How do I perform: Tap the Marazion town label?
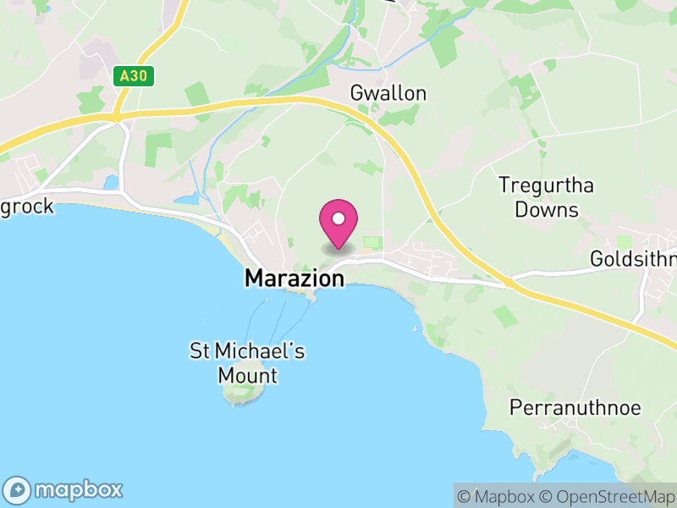pos(294,278)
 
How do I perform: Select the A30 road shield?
pos(133,76)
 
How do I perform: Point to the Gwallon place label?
pos(389,93)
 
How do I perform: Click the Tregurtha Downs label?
pos(546,197)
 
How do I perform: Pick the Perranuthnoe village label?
pos(575,408)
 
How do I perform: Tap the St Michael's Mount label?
pos(247,363)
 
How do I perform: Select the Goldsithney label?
pos(634,258)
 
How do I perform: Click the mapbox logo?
pos(65,489)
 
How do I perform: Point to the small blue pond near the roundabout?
pos(111,182)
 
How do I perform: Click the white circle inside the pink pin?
pos(338,219)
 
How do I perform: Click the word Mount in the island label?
pos(247,375)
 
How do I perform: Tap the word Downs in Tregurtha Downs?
pos(546,209)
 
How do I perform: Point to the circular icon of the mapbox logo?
pos(19,489)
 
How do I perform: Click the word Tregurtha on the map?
pos(546,185)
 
